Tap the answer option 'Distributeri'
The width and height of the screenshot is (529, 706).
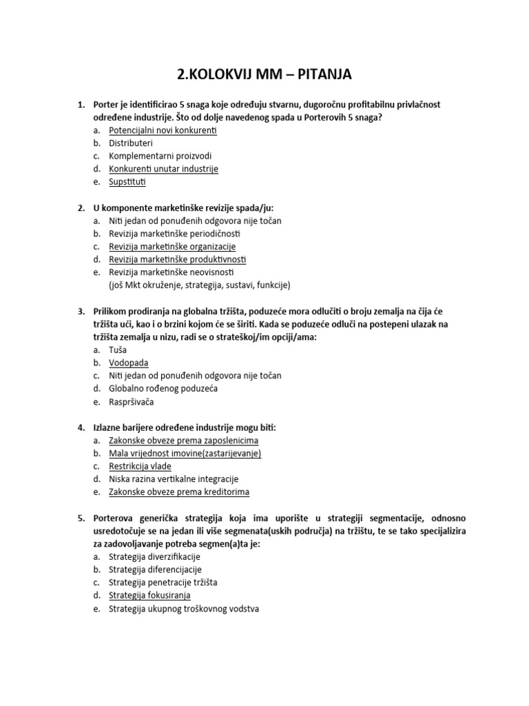pyautogui.click(x=131, y=143)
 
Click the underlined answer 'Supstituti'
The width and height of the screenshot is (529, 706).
pyautogui.click(x=127, y=182)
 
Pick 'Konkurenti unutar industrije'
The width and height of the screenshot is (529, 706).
pyautogui.click(x=163, y=169)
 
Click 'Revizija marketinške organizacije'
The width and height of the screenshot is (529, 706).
pyautogui.click(x=172, y=246)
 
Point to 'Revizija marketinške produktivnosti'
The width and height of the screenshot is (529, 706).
pyautogui.click(x=177, y=259)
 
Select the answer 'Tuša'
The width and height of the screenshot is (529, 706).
pyautogui.click(x=118, y=350)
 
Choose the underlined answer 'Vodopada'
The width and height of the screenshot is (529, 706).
pyautogui.click(x=128, y=363)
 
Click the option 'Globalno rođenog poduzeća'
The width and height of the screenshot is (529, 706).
pyautogui.click(x=163, y=389)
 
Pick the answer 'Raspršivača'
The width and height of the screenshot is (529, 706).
pyautogui.click(x=132, y=402)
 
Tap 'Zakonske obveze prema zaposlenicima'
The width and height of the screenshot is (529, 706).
pyautogui.click(x=184, y=441)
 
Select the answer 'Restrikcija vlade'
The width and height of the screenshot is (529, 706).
pyautogui.click(x=140, y=466)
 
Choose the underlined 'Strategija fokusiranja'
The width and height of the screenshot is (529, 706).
pyautogui.click(x=149, y=595)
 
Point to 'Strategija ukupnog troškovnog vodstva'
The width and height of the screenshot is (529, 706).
pyautogui.click(x=184, y=609)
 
